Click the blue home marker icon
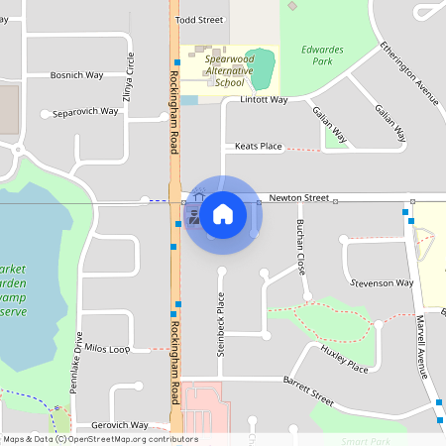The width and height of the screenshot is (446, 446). (223, 213)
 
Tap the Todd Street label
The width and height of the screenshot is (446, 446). (198, 20)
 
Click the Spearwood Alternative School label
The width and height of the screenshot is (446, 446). (228, 70)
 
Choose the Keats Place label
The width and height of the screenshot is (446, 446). (258, 147)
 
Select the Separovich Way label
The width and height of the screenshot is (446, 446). (85, 112)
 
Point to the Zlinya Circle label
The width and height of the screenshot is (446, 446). (129, 75)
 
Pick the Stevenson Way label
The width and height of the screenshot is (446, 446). (382, 282)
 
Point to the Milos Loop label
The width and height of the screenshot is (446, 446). (107, 349)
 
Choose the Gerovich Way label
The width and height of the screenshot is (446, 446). (112, 424)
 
